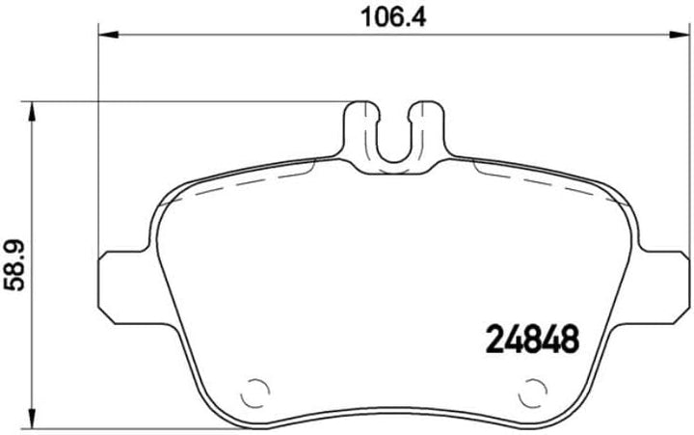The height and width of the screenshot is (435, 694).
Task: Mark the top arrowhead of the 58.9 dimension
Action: click(x=35, y=109)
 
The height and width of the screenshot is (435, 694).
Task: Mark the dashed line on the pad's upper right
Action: click(x=540, y=183)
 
